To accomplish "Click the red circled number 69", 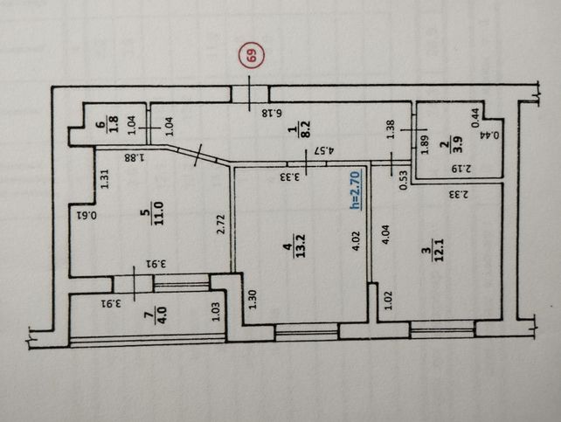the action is [x=252, y=54].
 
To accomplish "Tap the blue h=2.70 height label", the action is [x=356, y=190].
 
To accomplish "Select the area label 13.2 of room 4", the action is [x=301, y=246].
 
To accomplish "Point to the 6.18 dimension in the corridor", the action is [x=272, y=114].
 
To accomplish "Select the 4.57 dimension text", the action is [x=323, y=150].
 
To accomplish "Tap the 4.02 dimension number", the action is [x=357, y=241].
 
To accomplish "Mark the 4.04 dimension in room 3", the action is [x=385, y=235].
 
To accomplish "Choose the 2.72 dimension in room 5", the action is [x=221, y=225].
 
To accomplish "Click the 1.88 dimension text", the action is [x=135, y=157].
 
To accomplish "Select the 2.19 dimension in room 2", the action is [x=461, y=168].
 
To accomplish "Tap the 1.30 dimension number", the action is [x=253, y=300].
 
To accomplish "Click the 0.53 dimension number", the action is [x=404, y=180].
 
